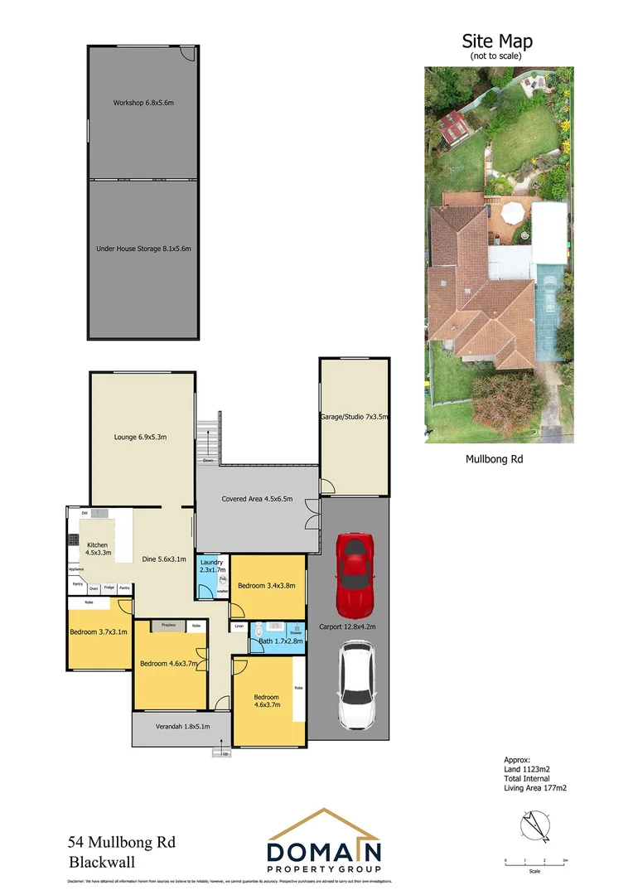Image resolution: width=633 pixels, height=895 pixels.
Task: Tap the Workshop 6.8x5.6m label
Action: (x=143, y=103)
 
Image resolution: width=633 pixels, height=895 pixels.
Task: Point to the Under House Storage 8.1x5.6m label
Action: (x=143, y=248)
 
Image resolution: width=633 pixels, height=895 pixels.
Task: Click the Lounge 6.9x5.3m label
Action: (x=141, y=437)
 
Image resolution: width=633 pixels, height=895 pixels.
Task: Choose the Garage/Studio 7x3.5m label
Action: (x=354, y=417)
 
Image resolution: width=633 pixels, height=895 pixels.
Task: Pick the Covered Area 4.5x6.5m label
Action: (x=256, y=499)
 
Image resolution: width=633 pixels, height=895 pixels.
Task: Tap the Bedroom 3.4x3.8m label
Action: (x=267, y=586)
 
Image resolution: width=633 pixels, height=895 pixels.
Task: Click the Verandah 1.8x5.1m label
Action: (x=182, y=727)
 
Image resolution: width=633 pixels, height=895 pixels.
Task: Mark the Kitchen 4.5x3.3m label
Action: (x=98, y=548)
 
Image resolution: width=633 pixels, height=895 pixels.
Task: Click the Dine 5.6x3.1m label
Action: (x=163, y=559)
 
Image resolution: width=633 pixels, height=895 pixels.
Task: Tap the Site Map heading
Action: (x=496, y=41)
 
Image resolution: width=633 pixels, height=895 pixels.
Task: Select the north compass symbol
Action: (x=534, y=826)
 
